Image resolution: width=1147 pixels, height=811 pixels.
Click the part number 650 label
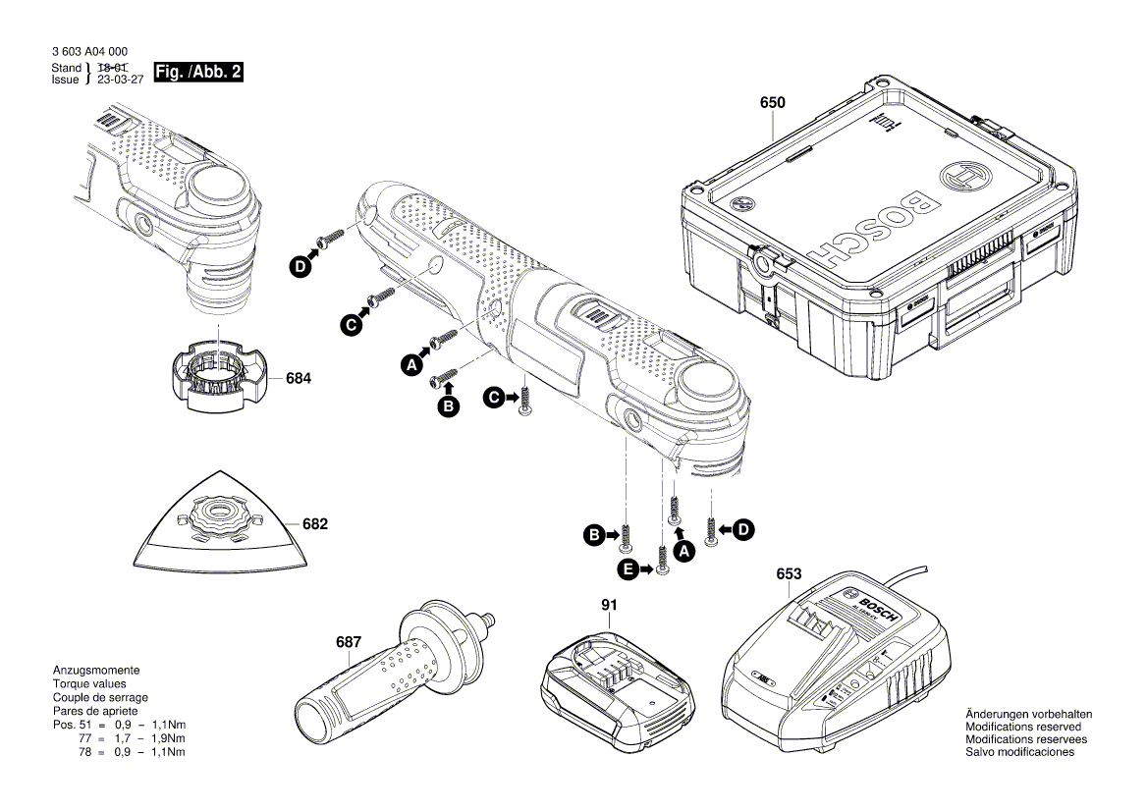(773, 102)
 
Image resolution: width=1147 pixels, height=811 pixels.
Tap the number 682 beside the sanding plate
(314, 524)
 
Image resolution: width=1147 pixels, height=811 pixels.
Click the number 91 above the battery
(609, 606)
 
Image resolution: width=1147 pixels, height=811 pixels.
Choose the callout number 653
(788, 573)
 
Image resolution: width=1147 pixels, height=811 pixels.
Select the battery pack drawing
(612, 681)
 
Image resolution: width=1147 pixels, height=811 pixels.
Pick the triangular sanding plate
(220, 536)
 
